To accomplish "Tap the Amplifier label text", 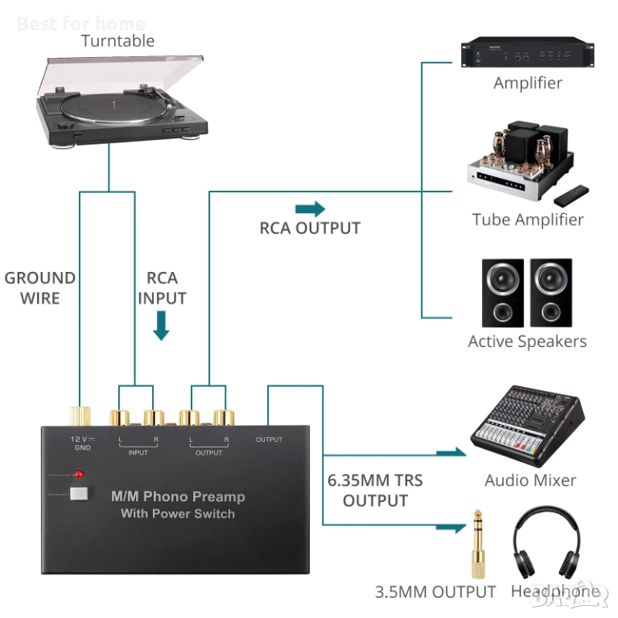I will click(x=527, y=83).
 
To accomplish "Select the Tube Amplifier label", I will click(x=527, y=219).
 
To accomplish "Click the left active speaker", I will click(x=502, y=291).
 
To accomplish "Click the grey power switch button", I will click(x=78, y=493).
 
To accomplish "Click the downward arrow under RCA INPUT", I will click(x=162, y=325).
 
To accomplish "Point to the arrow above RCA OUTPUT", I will click(x=310, y=209).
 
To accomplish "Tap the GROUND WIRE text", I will click(x=40, y=288).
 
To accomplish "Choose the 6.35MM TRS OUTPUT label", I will click(x=375, y=490).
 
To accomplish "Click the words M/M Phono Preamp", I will click(x=178, y=496).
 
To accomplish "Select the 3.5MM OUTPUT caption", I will click(x=435, y=592).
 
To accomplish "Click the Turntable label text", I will click(x=118, y=40).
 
